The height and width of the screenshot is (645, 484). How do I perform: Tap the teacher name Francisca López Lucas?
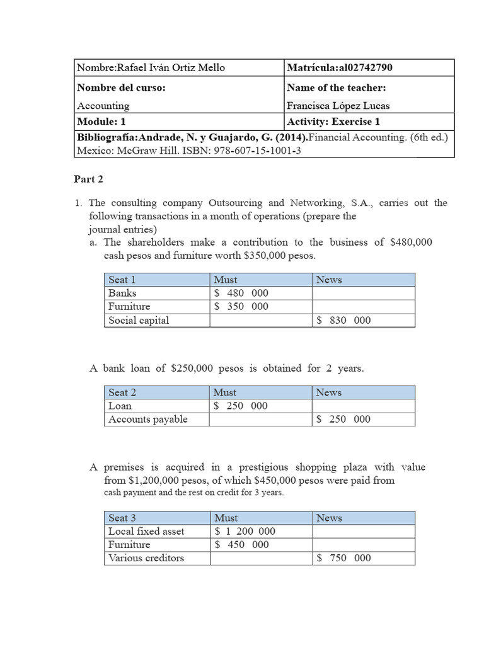click(342, 106)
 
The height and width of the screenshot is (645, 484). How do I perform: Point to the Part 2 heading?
click(89, 179)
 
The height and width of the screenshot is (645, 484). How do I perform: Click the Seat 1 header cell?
click(122, 280)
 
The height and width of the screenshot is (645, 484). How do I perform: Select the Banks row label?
click(122, 293)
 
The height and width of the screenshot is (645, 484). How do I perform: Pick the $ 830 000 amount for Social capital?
click(343, 320)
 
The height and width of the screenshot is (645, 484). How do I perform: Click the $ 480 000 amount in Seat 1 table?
click(241, 293)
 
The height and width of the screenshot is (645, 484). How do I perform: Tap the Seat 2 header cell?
click(122, 392)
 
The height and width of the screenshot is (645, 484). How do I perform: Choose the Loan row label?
click(120, 406)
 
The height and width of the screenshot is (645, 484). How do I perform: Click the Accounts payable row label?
click(148, 419)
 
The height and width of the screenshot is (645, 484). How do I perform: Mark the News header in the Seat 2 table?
click(328, 392)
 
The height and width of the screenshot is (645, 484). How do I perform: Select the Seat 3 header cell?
click(122, 518)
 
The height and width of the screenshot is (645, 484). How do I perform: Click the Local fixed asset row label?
click(146, 531)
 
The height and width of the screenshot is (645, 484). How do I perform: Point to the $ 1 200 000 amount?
click(245, 531)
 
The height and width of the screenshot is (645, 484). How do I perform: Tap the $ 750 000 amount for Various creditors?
click(343, 557)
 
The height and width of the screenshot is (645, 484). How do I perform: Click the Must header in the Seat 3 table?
click(226, 518)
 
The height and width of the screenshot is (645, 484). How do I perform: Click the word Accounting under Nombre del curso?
click(103, 106)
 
